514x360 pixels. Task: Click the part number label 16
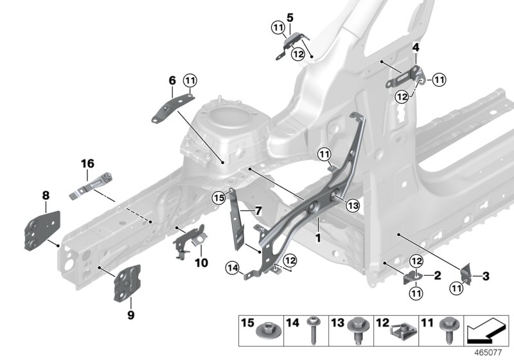click(x=87, y=164)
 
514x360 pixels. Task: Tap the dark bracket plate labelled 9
click(x=127, y=283)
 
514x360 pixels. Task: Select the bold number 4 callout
click(x=416, y=48)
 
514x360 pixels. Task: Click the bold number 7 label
click(x=258, y=211)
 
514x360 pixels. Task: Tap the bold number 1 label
click(x=317, y=237)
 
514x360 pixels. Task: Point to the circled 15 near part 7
click(x=219, y=198)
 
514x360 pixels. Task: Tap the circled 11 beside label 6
click(x=190, y=80)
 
